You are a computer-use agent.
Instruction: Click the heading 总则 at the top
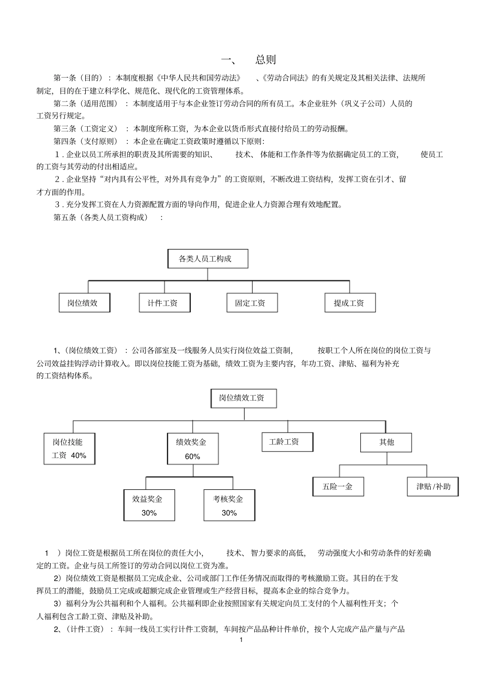pyautogui.click(x=265, y=60)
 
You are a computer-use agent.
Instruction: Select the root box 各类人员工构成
pyautogui.click(x=208, y=259)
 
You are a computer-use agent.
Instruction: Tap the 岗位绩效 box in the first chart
pyautogui.click(x=84, y=303)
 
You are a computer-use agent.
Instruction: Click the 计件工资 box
pyautogui.click(x=164, y=303)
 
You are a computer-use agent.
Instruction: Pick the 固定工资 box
pyautogui.click(x=251, y=303)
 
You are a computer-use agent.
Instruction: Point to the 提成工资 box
pyautogui.click(x=350, y=303)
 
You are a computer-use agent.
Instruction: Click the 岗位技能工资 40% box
pyautogui.click(x=69, y=448)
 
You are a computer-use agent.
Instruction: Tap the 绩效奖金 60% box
pyautogui.click(x=192, y=448)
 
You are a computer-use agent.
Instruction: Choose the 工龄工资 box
pyautogui.click(x=287, y=442)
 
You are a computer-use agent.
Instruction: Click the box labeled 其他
pyautogui.click(x=387, y=442)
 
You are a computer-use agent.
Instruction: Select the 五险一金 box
pyautogui.click(x=338, y=487)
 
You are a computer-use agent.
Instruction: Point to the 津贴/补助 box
pyautogui.click(x=433, y=487)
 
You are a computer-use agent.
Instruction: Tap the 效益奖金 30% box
pyautogui.click(x=149, y=505)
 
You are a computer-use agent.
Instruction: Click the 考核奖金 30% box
pyautogui.click(x=229, y=505)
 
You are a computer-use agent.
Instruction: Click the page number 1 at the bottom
pyautogui.click(x=241, y=640)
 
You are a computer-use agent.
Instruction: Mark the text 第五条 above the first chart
pyautogui.click(x=66, y=218)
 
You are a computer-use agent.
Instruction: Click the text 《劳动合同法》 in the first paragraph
pyautogui.click(x=285, y=78)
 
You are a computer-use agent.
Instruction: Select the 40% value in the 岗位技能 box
pyautogui.click(x=79, y=455)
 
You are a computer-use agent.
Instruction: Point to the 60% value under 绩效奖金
pyautogui.click(x=192, y=456)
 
